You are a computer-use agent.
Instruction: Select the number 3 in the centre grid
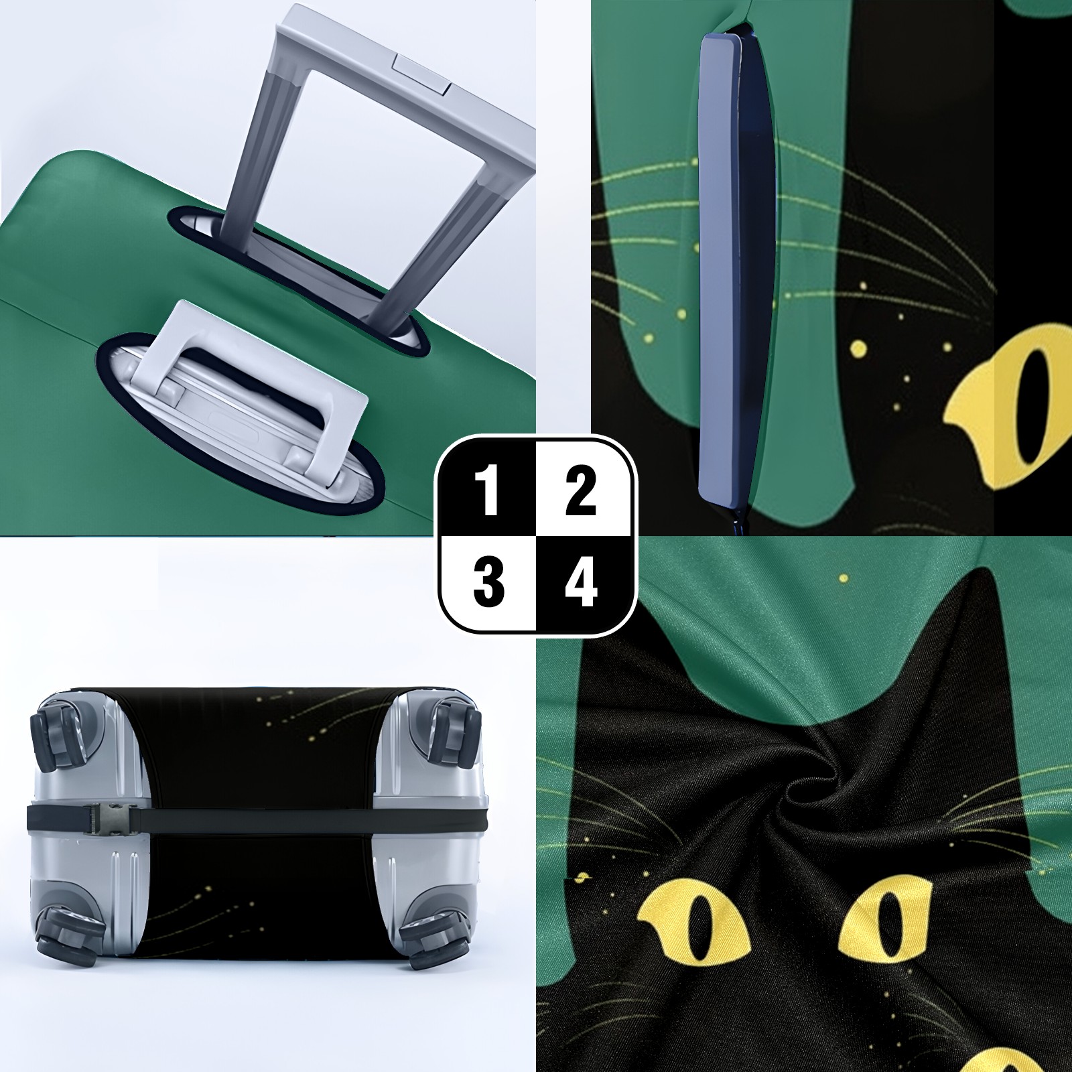(488, 582)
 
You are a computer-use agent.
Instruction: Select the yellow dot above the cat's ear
(844, 578)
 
